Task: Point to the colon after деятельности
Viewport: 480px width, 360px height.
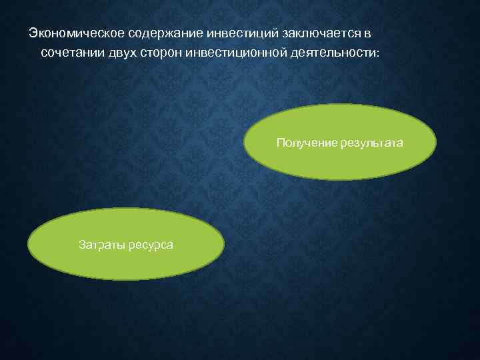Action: pyautogui.click(x=376, y=52)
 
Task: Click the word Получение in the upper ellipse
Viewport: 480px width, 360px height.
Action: pyautogui.click(x=303, y=143)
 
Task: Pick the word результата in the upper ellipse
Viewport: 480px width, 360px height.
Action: pyautogui.click(x=368, y=143)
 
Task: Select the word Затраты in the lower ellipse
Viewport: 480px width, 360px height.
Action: pyautogui.click(x=101, y=245)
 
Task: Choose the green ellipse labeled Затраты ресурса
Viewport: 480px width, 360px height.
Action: pyautogui.click(x=126, y=263)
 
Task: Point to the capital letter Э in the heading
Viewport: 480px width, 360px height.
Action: pyautogui.click(x=31, y=33)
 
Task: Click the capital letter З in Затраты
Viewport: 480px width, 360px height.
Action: pyautogui.click(x=82, y=245)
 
